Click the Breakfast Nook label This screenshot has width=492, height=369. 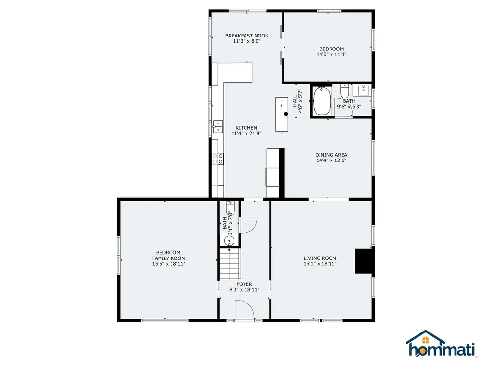[247, 36]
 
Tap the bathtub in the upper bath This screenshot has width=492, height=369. [322, 101]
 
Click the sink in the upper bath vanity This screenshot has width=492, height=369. [363, 89]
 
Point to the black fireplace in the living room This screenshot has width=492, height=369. [364, 261]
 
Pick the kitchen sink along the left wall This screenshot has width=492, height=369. [218, 126]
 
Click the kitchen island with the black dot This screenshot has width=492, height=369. [283, 114]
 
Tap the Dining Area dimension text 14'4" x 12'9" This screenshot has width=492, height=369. [331, 160]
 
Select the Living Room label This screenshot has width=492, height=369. [320, 258]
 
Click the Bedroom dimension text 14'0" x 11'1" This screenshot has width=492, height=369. [331, 55]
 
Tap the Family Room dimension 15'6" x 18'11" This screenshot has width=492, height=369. [168, 264]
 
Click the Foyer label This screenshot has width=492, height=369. [244, 284]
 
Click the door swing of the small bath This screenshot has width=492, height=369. [248, 224]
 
